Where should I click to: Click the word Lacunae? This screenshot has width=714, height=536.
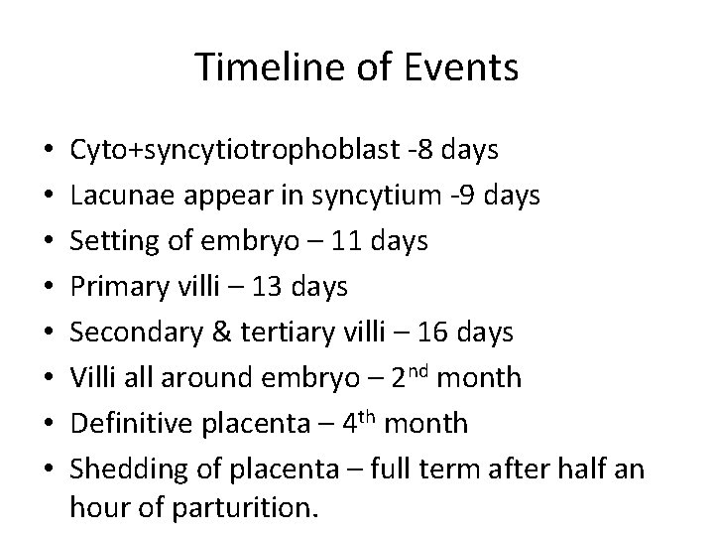pos(115,196)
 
